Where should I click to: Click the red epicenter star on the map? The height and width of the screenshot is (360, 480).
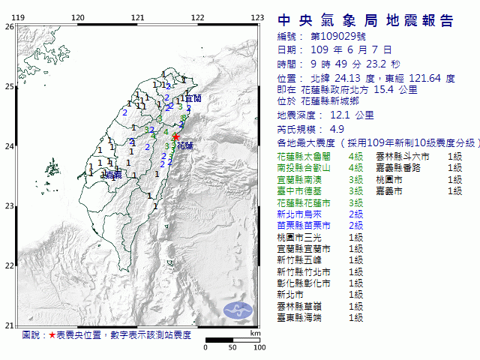pos(175,137)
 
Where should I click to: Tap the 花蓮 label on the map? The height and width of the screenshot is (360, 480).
pos(184,146)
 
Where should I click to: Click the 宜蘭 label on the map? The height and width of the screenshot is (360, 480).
pos(193,98)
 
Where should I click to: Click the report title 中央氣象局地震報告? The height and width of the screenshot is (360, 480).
pos(366,20)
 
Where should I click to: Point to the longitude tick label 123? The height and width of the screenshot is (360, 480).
pos(256,17)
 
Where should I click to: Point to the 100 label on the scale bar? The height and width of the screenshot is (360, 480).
pos(259,348)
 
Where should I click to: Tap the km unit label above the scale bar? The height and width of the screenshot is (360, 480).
pos(256,333)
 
